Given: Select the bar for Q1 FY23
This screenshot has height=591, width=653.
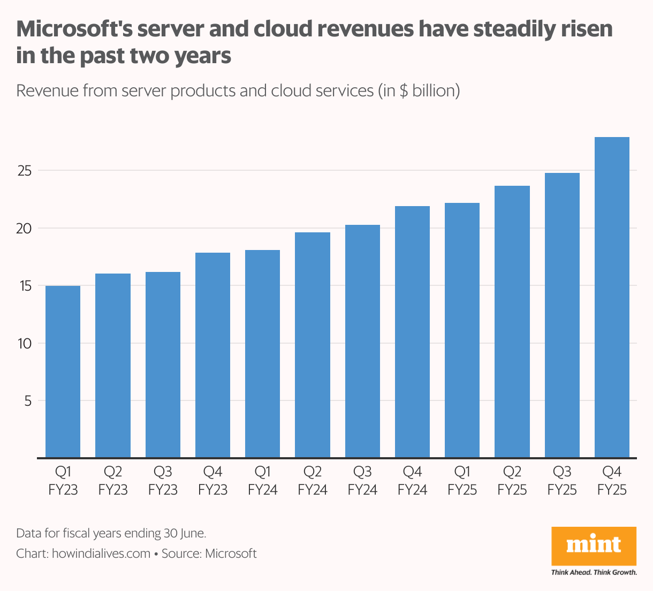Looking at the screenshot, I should tap(63, 372).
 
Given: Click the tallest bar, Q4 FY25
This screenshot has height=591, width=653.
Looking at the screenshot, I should tap(612, 298).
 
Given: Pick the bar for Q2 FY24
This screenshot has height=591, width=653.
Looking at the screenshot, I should tap(313, 345).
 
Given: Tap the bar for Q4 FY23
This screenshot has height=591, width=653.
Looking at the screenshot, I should tap(212, 355).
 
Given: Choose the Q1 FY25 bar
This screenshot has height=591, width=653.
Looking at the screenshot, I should tap(462, 330).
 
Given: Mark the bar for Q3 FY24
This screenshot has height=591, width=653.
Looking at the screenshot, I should tap(362, 342).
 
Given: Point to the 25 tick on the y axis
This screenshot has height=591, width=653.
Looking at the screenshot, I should tap(25, 171).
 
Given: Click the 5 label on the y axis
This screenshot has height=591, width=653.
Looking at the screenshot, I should tap(28, 401).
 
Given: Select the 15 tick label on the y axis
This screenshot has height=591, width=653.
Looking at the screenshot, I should tap(25, 286).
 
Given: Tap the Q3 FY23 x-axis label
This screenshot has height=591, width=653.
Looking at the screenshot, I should tap(163, 481).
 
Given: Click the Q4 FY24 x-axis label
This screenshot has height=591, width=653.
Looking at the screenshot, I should tap(412, 481).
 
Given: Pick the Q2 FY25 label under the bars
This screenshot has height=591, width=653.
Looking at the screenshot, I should tap(512, 481).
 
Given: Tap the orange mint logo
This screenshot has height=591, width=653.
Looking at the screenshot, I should tap(594, 545).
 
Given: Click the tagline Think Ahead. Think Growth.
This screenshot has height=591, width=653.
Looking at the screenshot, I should tap(594, 572).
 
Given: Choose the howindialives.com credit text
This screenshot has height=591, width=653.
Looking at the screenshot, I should tap(101, 554).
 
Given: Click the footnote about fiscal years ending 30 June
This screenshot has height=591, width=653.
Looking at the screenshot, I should tap(111, 533).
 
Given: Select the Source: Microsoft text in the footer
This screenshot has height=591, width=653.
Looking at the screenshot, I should tap(209, 554).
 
